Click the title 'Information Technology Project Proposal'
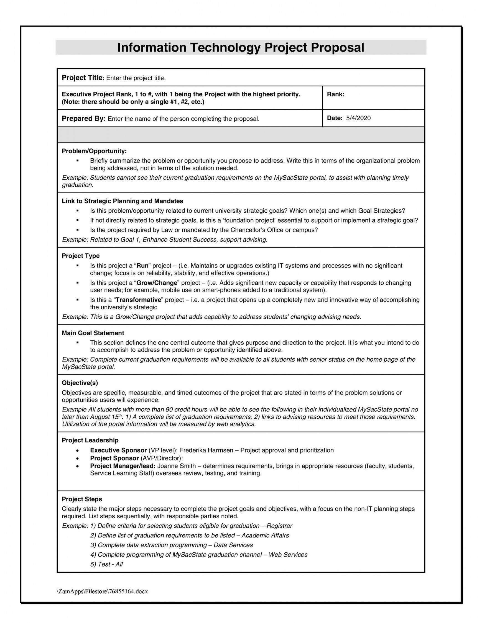pyautogui.click(x=241, y=47)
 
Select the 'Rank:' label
pyautogui.click(x=336, y=94)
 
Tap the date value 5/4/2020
pyautogui.click(x=358, y=118)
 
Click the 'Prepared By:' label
pyautogui.click(x=84, y=119)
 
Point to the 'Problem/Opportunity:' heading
pyautogui.click(x=94, y=151)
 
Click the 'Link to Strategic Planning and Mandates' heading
pyautogui.click(x=123, y=201)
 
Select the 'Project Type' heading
pyautogui.click(x=81, y=256)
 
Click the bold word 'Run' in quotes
pyautogui.click(x=142, y=266)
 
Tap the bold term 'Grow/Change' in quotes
pyautogui.click(x=157, y=283)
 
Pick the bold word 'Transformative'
pyautogui.click(x=139, y=300)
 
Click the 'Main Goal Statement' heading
pyautogui.click(x=93, y=333)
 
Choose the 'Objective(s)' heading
pyautogui.click(x=80, y=383)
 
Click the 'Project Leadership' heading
pyautogui.click(x=90, y=440)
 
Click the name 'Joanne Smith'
pyautogui.click(x=177, y=466)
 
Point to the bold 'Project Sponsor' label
pyautogui.click(x=114, y=458)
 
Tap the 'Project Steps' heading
pyautogui.click(x=82, y=499)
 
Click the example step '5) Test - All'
pyautogui.click(x=106, y=564)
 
